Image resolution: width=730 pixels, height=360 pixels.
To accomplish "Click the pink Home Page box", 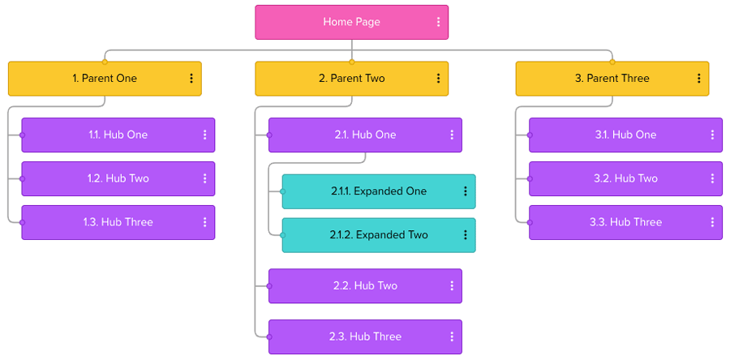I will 351,23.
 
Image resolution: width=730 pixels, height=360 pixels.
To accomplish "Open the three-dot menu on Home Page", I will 439,23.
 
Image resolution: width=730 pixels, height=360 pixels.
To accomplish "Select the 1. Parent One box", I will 105,79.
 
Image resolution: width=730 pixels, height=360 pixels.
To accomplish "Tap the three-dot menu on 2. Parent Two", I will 438,79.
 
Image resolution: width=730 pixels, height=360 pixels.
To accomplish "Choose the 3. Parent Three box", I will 612,79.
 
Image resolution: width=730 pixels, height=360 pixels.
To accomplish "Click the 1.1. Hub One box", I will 118,135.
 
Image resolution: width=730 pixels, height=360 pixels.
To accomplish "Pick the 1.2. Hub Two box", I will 118,178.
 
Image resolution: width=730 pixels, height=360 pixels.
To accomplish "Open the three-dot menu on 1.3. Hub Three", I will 205,222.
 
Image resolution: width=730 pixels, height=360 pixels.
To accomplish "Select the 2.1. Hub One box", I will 365,135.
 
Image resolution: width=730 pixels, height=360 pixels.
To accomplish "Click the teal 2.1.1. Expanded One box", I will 378,191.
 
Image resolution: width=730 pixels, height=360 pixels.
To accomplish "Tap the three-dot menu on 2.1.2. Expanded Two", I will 466,235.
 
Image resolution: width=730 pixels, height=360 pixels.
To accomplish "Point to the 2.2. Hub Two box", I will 365,285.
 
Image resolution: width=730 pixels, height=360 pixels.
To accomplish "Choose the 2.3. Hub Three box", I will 365,336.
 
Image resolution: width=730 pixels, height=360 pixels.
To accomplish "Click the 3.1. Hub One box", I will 625,135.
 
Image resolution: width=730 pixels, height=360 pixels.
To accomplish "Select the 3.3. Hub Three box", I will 625,222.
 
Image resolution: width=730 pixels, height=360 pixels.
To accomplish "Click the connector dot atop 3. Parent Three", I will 612,62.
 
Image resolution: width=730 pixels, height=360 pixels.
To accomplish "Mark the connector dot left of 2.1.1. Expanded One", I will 282,191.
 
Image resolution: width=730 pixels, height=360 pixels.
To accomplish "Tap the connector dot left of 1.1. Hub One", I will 22,135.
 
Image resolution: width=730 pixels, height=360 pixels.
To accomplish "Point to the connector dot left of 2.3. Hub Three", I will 269,336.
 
